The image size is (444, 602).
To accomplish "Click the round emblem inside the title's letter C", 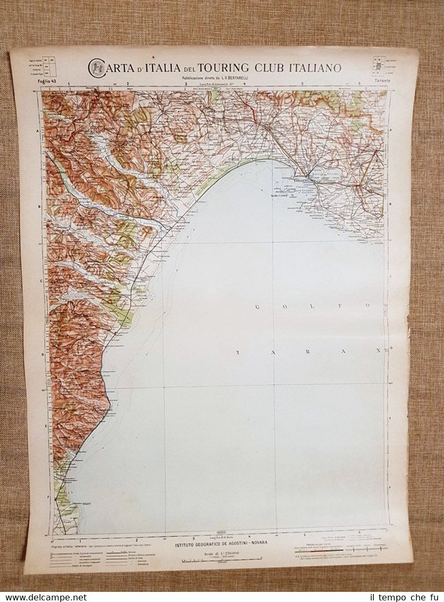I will coord(97,68).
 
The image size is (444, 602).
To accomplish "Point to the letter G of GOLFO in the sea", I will coord(257,306).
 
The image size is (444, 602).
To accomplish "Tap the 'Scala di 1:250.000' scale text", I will coord(222,553).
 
